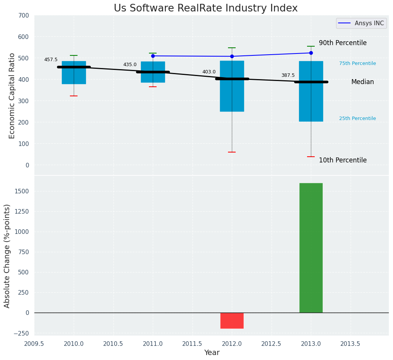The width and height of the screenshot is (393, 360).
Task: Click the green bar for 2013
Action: (x=311, y=248)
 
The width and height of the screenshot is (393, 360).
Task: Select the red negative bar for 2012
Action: (x=232, y=321)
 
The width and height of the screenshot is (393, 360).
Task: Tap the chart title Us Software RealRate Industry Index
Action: (x=205, y=8)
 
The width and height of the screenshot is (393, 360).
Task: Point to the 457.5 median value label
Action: (x=51, y=60)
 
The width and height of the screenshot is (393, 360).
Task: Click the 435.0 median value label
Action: (x=130, y=65)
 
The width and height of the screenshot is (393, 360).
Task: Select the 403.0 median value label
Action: (x=209, y=72)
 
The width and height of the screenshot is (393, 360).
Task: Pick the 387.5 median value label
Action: (x=288, y=75)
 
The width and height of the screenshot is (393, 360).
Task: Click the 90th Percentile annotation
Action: (x=343, y=43)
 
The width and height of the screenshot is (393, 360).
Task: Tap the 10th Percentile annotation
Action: (x=343, y=160)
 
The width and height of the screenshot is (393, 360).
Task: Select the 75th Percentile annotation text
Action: (x=357, y=63)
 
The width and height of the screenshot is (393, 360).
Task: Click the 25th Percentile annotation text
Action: (x=357, y=118)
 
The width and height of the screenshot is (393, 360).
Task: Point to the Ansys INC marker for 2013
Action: (x=311, y=53)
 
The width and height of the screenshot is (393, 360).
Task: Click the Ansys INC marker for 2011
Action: (x=153, y=56)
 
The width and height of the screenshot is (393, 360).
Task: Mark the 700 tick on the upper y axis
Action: (x=23, y=16)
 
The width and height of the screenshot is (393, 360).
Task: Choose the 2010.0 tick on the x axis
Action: (x=74, y=344)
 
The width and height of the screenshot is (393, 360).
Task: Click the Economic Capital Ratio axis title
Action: (x=12, y=96)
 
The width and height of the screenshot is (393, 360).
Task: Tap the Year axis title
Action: (x=212, y=353)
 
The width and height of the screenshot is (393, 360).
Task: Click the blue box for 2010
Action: (x=74, y=76)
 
